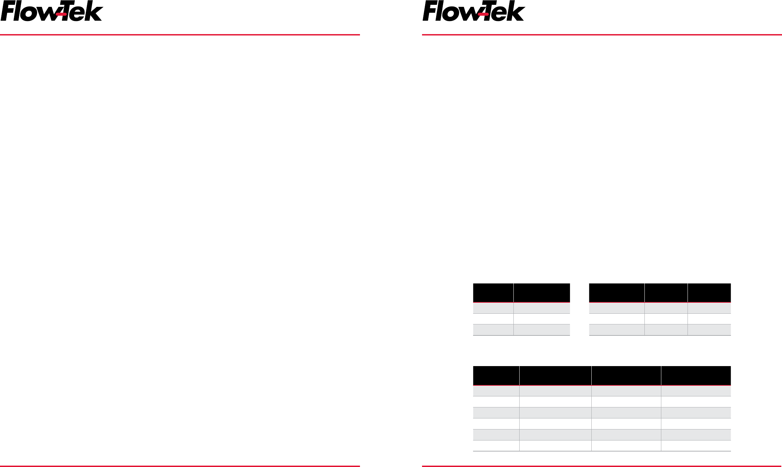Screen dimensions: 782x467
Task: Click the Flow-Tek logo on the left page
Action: [52, 11]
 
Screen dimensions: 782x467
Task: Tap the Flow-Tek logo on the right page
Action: [474, 11]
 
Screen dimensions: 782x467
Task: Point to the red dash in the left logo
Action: [61, 14]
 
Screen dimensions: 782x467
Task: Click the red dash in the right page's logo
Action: [483, 14]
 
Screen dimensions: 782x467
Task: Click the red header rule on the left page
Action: [180, 35]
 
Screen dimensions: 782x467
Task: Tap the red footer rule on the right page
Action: [602, 466]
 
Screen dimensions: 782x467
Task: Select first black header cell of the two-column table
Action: [493, 293]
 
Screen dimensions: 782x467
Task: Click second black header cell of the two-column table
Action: [542, 293]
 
